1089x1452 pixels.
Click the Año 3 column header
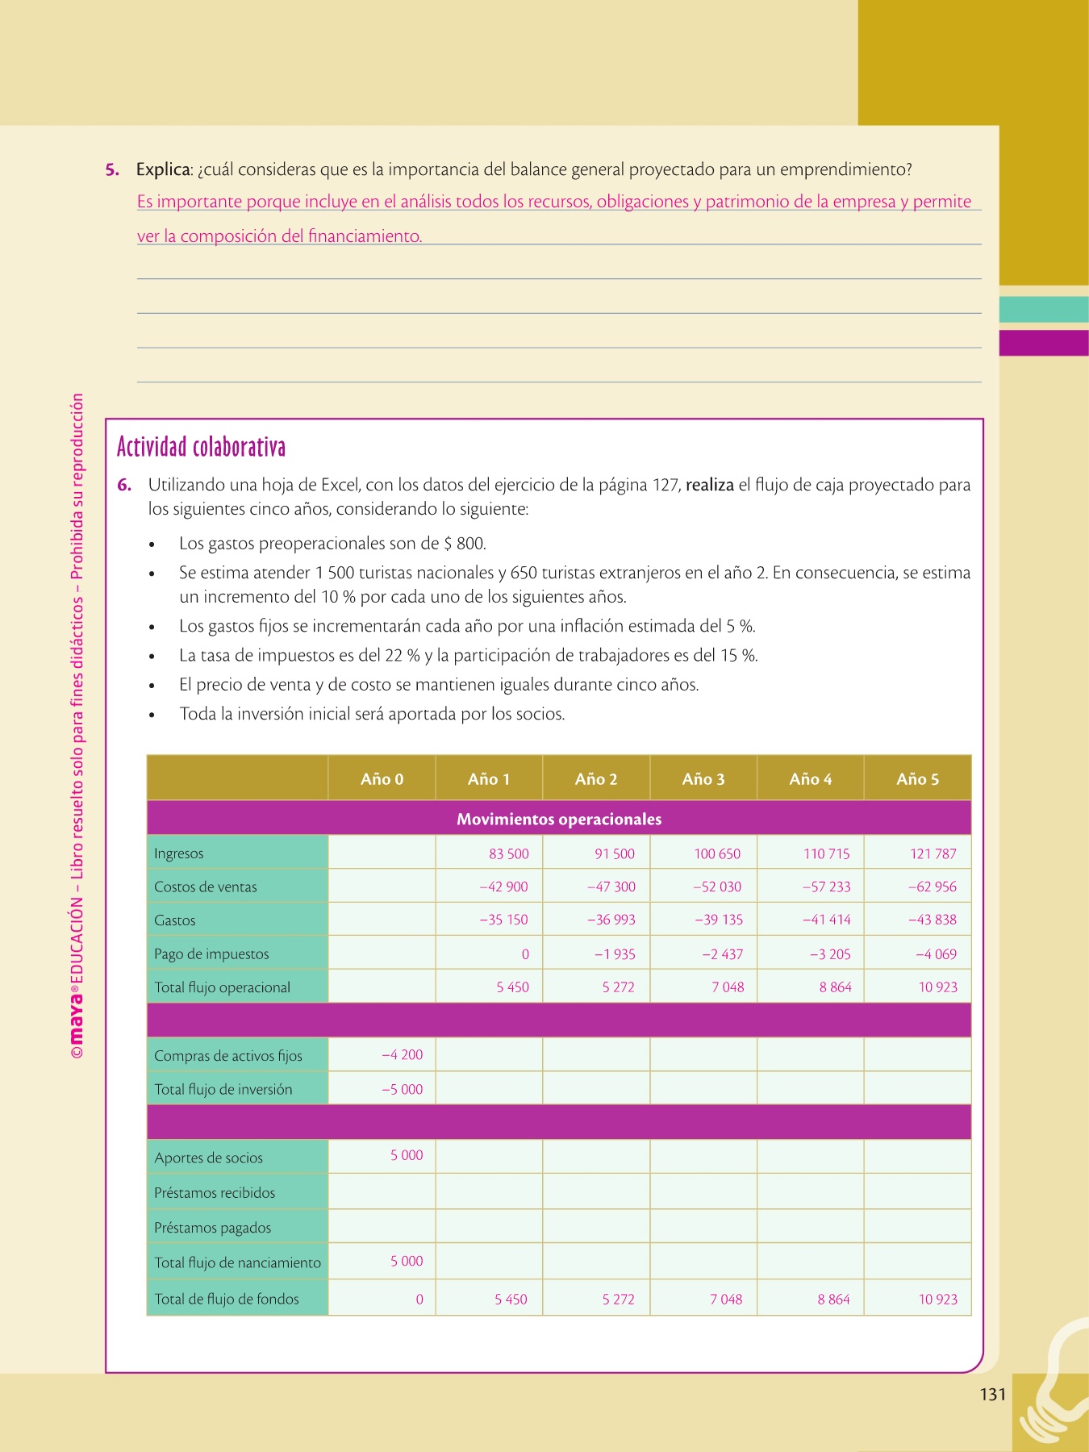pos(703,779)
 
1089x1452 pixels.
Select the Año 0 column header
pos(382,779)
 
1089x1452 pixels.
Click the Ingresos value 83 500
pos(508,853)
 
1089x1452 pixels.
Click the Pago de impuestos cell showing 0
pos(525,954)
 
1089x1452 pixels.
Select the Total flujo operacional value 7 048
pos(728,987)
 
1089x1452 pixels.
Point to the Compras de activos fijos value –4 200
pos(402,1055)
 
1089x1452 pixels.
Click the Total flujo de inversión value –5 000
pos(402,1089)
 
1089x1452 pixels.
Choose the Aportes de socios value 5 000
pos(407,1155)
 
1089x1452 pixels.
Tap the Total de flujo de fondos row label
pos(227,1300)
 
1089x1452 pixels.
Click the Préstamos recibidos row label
pos(215,1193)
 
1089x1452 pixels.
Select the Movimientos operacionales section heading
pos(559,820)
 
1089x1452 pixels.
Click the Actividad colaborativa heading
pos(201,447)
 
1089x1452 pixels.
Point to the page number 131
pos(993,1395)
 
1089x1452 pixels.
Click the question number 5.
pos(112,170)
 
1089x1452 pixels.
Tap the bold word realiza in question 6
pos(710,486)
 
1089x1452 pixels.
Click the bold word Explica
pos(164,170)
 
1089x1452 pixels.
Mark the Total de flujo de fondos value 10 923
pos(938,1300)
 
